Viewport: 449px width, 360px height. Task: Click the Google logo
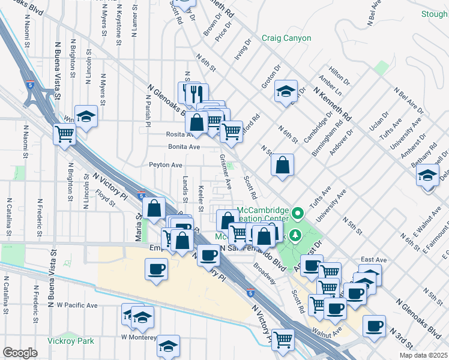[20, 353]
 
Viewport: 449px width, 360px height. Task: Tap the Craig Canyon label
[286, 38]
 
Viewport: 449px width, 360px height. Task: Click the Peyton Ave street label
[165, 164]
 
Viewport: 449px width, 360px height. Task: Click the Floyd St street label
[104, 196]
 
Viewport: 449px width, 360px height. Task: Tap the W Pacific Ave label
[77, 305]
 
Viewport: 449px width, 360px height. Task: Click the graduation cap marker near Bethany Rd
[427, 175]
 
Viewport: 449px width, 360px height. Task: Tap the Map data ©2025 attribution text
[423, 355]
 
